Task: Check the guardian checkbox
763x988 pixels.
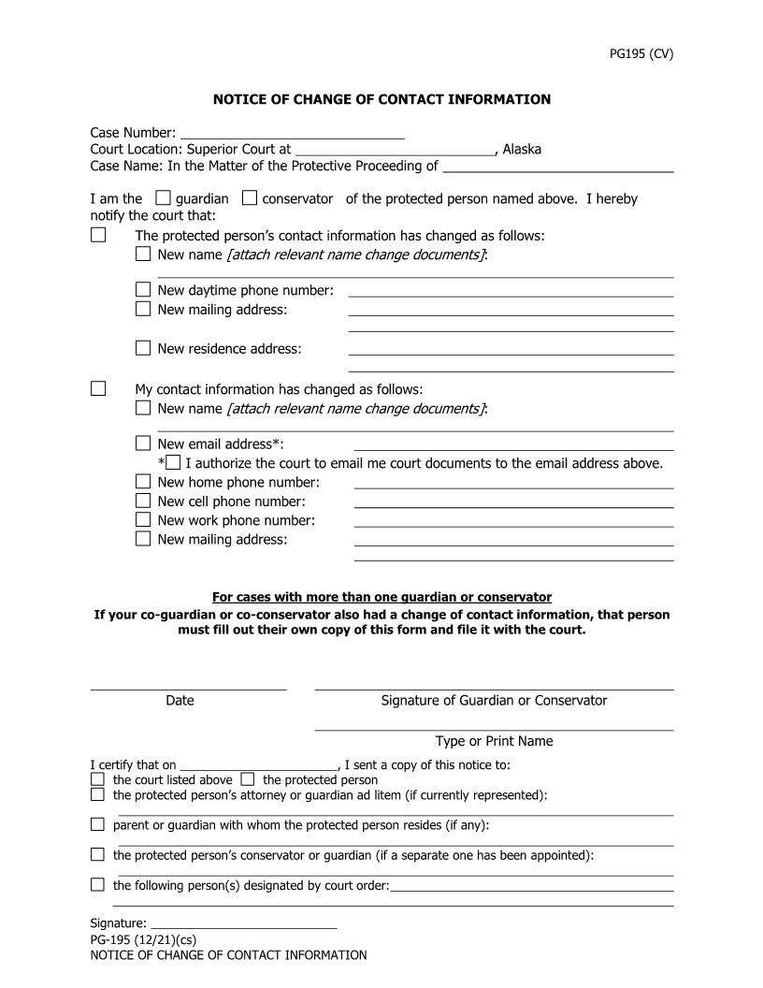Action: [x=164, y=198]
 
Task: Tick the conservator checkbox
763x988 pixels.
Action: [x=250, y=198]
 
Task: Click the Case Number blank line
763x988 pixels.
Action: [x=292, y=133]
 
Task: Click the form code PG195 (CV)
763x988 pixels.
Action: [x=641, y=53]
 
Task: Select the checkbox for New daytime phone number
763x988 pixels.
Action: [x=143, y=290]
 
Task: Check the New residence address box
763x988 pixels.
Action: [x=143, y=348]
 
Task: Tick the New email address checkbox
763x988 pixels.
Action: [x=143, y=443]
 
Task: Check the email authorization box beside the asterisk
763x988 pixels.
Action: [x=174, y=462]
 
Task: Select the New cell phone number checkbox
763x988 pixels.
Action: [x=143, y=501]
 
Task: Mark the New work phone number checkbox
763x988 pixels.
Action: [x=143, y=519]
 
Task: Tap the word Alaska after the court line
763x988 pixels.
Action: [x=522, y=149]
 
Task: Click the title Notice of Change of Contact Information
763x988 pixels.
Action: [x=381, y=99]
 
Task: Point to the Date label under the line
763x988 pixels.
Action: [x=180, y=700]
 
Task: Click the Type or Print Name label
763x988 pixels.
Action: [x=494, y=741]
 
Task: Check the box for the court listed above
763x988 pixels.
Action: [x=98, y=779]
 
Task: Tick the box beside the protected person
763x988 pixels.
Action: [x=248, y=779]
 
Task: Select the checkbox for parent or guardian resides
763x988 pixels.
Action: [x=98, y=824]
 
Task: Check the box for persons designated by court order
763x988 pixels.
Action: [x=98, y=884]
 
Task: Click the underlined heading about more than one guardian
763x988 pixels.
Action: [x=381, y=597]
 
